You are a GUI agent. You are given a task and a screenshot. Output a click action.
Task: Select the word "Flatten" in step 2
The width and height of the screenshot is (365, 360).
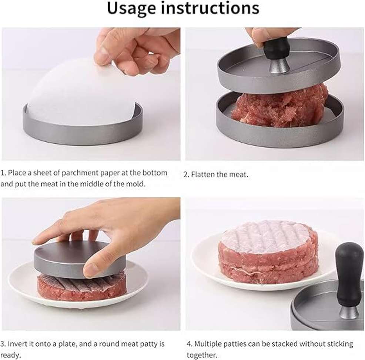[202, 174]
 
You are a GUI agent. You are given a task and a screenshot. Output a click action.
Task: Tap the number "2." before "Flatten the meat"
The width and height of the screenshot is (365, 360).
[186, 175]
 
